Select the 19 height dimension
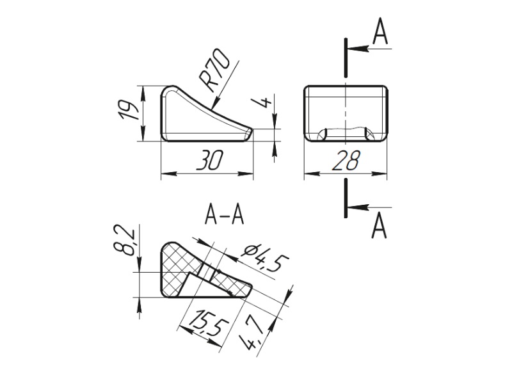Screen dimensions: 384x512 coord(130,111)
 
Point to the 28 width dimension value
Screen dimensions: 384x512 coord(346,162)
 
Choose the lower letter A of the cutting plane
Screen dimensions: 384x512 coord(380,225)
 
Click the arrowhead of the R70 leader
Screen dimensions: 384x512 coord(213,104)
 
